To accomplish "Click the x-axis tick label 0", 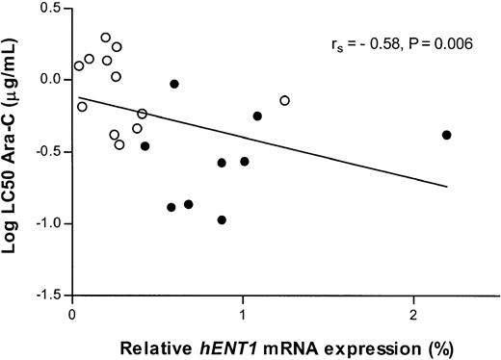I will coord(73,314).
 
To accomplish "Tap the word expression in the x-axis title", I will coord(327,344).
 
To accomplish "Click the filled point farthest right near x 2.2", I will coord(447,135).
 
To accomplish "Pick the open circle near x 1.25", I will coord(285,100).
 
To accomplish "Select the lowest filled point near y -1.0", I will coord(222,219).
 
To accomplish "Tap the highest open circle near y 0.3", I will coord(106,38).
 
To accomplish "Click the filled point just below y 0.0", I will coord(174,84).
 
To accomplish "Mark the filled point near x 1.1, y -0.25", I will coord(257,116).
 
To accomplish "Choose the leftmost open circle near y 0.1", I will coord(79,65).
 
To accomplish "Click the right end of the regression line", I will coord(448,187).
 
